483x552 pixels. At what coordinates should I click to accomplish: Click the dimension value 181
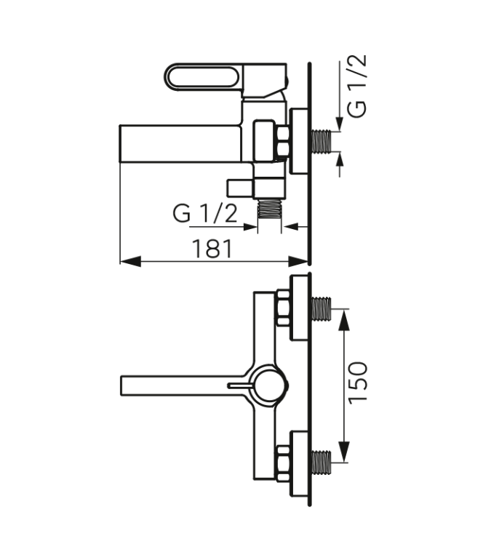pos(212,249)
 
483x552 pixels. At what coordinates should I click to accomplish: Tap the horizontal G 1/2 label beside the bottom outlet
pos(205,214)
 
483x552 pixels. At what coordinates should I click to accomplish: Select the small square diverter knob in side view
pos(239,188)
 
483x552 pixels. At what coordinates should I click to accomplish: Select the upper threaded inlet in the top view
pos(321,309)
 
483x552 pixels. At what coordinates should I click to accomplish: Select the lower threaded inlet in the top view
pos(321,460)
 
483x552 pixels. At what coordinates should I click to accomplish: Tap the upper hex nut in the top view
pos(283,309)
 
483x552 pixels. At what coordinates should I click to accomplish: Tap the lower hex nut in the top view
pos(283,460)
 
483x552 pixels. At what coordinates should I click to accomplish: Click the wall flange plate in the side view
pos(299,142)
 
